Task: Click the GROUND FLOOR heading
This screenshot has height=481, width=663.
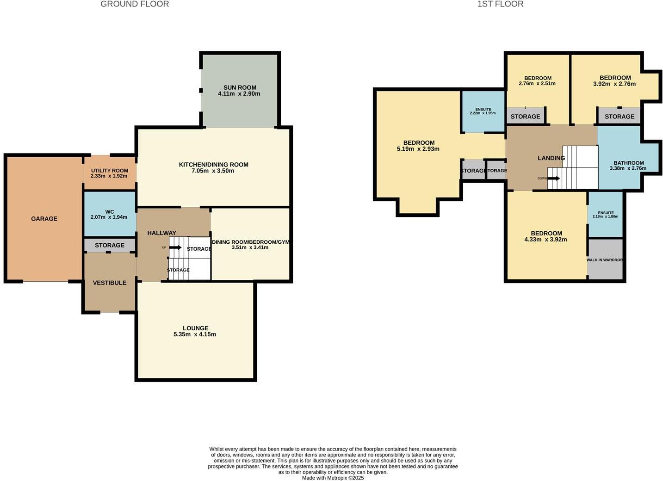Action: click(x=135, y=4)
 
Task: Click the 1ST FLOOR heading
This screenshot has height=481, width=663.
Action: click(x=500, y=4)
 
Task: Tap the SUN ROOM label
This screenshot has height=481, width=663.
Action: click(x=240, y=87)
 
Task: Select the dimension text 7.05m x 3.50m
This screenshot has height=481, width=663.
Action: click(x=213, y=171)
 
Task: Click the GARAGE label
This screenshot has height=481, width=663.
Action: click(x=44, y=219)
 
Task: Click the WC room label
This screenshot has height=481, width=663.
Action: click(x=110, y=212)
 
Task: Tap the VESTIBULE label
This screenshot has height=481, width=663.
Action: click(x=110, y=283)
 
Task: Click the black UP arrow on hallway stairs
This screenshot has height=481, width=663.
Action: click(x=175, y=247)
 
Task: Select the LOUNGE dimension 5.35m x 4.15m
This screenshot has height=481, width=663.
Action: click(x=195, y=334)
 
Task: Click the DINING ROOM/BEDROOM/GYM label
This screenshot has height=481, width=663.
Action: click(x=250, y=242)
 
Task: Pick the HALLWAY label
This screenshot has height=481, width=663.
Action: click(x=161, y=233)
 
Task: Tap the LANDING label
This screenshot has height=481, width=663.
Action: click(x=551, y=158)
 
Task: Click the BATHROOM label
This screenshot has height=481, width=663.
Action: click(x=629, y=163)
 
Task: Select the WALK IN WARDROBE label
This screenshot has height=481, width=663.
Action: click(x=605, y=260)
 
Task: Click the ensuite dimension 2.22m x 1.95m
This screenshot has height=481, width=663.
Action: click(x=483, y=113)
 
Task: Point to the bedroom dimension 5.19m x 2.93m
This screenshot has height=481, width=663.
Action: click(x=418, y=149)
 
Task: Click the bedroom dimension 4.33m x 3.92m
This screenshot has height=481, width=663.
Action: click(x=546, y=240)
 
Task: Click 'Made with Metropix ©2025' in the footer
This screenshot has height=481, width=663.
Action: click(x=333, y=478)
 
